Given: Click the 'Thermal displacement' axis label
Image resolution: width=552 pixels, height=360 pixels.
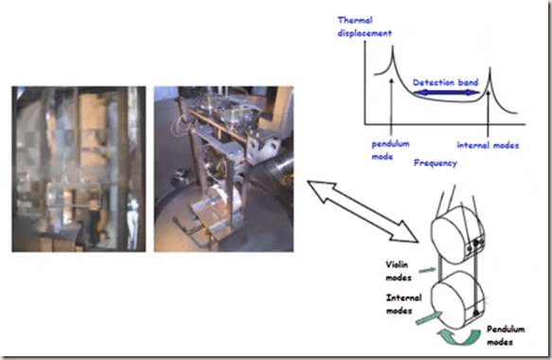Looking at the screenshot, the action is (365, 27).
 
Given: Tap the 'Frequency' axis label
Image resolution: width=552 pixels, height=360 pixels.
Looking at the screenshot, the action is (436, 163).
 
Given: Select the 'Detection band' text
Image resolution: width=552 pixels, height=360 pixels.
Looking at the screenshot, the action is (445, 82).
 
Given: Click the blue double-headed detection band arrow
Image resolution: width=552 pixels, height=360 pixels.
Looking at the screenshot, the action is (446, 93).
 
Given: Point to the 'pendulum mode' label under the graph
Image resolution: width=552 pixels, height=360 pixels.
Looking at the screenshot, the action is (390, 150).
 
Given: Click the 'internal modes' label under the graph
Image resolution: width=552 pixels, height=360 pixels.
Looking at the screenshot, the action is (488, 145).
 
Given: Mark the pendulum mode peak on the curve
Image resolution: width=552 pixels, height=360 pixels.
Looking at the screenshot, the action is (393, 46).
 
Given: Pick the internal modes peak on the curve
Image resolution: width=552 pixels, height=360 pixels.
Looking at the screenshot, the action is (490, 68).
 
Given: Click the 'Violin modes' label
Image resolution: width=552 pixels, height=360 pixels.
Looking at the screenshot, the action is (398, 271).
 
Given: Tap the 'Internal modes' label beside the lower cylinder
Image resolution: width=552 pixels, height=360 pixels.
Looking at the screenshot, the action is (403, 304).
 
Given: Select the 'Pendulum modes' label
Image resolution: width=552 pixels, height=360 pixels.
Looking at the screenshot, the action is (506, 335).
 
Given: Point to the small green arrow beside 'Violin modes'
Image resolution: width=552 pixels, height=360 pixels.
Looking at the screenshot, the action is (427, 270).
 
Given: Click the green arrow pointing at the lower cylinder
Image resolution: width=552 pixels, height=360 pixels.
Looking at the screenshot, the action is (429, 317).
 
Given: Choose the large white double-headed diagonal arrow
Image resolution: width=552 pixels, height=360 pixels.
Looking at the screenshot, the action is (363, 211).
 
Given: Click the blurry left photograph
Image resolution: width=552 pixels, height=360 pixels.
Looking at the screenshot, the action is (79, 169).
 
